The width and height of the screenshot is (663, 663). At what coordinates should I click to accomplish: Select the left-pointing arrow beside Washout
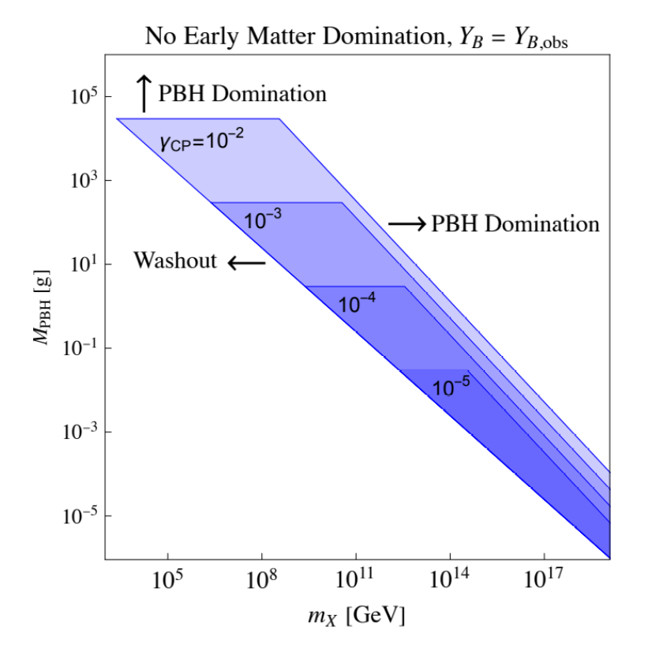(x=246, y=263)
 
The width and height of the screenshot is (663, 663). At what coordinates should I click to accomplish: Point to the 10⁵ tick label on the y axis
(x=80, y=96)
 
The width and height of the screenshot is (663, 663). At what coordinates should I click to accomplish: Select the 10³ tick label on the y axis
(x=80, y=180)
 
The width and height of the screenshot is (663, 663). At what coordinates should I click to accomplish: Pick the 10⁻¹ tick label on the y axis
(x=77, y=347)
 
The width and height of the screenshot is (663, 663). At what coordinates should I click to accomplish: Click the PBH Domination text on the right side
(x=515, y=224)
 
